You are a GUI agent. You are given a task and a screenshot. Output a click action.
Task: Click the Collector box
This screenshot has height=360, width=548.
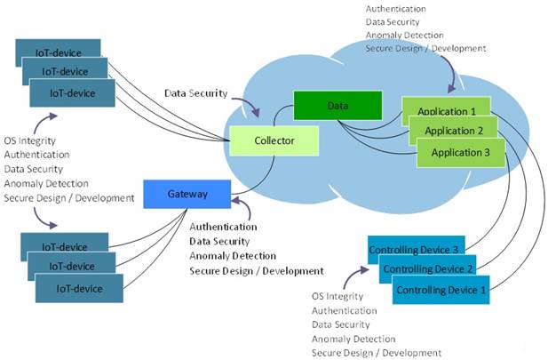(274, 139)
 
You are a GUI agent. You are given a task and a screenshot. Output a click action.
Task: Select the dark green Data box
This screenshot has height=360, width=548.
(336, 106)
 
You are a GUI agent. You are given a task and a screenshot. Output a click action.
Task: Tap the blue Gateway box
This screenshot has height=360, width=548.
(187, 194)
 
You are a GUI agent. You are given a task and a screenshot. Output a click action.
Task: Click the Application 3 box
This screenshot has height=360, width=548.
(460, 152)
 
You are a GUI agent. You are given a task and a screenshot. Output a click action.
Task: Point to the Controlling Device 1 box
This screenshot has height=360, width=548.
(441, 291)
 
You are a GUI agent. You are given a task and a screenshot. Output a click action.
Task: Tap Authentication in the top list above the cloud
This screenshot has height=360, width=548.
(395, 8)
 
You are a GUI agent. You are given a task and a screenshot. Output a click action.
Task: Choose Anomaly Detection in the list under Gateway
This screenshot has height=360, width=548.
(232, 256)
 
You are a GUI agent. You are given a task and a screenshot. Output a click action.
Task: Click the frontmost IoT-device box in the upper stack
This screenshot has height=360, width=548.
(72, 92)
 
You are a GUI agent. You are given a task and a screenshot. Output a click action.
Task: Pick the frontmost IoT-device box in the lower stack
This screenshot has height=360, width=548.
(78, 289)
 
